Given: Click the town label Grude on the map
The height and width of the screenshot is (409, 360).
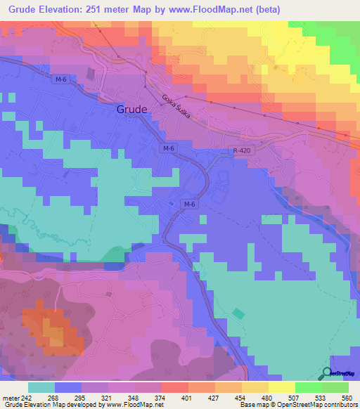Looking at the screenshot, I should click(131, 110).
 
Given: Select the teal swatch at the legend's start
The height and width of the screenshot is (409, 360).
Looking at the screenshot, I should click(41, 387).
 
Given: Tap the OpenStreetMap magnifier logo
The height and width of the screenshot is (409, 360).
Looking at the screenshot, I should click(328, 374).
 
